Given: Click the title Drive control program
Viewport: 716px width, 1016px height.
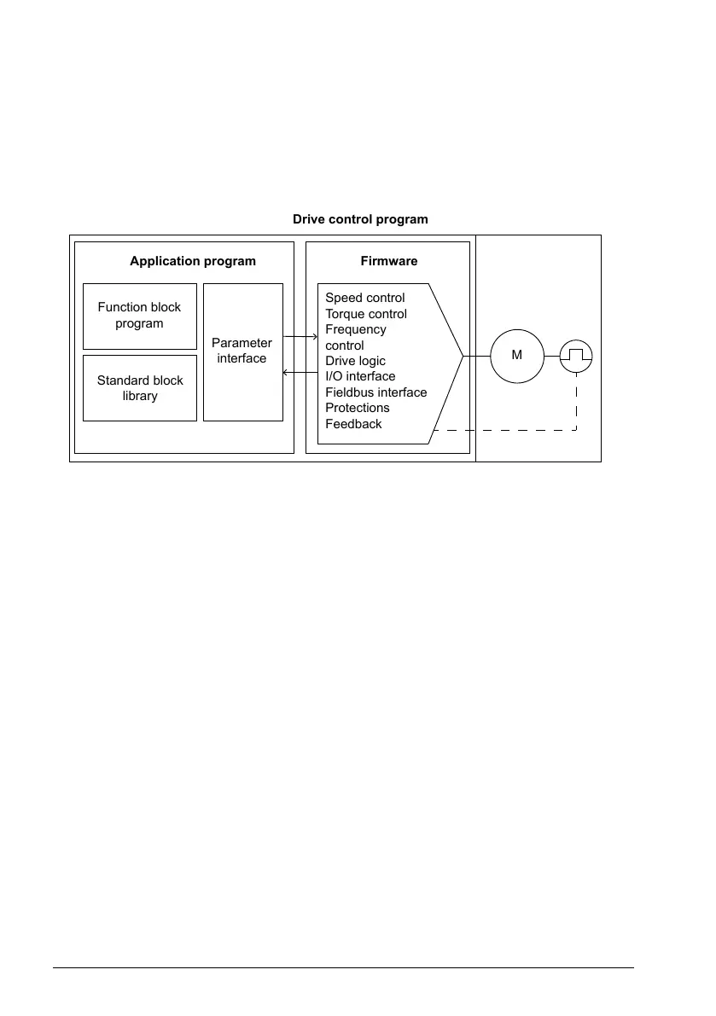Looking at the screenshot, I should pos(360,219).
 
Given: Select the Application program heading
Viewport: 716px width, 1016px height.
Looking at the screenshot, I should pos(193,261).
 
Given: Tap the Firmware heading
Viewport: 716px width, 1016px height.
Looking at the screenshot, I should pos(388,261).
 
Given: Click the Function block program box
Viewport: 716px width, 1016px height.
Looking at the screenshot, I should pos(140,316).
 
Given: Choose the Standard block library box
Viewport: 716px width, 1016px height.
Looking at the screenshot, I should pos(140,388).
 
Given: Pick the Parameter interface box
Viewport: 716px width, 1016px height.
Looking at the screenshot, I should pos(242,351).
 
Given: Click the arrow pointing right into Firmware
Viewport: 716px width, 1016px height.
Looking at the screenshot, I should pos(300,337).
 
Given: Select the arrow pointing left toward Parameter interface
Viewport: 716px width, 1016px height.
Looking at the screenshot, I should pos(300,373).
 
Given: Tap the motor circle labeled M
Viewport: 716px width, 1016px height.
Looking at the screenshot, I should pos(516,355).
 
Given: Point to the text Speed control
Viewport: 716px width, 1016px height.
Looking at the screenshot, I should pos(365,298).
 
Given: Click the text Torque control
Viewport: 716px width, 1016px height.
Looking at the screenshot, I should pos(366,314).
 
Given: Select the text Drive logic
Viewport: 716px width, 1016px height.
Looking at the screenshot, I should pos(355,361).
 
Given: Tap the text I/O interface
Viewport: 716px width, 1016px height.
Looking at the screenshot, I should pos(360,376).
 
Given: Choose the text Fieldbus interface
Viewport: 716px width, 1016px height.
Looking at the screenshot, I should pos(376,392).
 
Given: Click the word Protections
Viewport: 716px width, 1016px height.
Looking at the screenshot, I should pos(358,408).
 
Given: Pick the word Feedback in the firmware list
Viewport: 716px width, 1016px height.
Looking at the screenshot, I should pos(353,424).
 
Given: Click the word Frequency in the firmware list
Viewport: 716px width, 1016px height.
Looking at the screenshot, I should pos(356,329).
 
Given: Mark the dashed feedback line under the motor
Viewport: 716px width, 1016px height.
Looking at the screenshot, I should pos(512,431).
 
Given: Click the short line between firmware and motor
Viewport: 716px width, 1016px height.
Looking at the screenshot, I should pos(476,355).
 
